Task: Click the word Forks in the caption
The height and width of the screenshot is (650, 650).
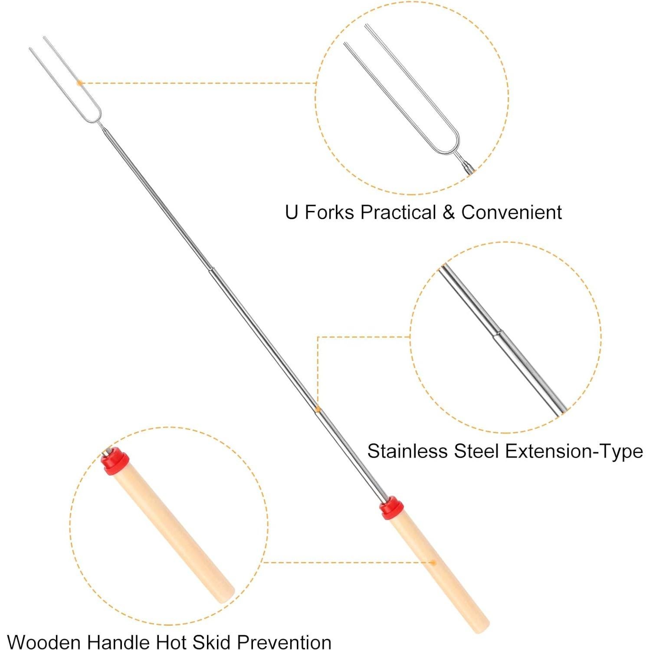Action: [x=328, y=213]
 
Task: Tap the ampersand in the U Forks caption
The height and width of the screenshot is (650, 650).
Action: [x=449, y=213]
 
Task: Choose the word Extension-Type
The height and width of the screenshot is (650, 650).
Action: [x=574, y=451]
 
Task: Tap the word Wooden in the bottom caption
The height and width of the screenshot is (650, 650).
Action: [x=44, y=641]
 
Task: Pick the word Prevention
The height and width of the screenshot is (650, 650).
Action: [x=284, y=641]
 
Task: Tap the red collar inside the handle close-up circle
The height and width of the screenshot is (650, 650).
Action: [x=115, y=463]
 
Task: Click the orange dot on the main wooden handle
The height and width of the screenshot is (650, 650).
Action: [x=433, y=563]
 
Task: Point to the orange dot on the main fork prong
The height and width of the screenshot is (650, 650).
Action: [x=79, y=82]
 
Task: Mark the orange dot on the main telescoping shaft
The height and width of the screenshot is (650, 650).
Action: [x=318, y=409]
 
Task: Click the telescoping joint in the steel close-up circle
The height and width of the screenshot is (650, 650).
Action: [x=498, y=334]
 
